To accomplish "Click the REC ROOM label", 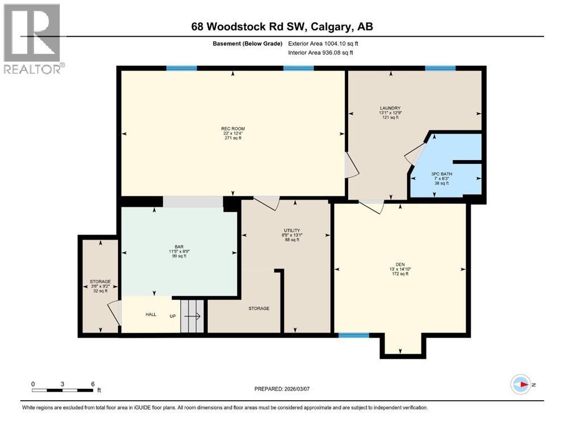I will tap(233, 129).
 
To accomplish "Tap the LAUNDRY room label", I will tap(390, 108).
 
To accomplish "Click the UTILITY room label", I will tap(292, 230).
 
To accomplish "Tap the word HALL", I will tap(151, 315).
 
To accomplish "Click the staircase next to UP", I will tap(192, 316).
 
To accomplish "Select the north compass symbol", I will tap(521, 385).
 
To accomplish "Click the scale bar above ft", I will tap(62, 390).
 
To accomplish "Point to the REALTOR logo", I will tap(32, 39).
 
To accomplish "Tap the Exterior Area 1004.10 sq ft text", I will tap(324, 43).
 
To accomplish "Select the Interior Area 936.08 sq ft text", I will tap(321, 53).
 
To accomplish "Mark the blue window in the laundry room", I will tap(440, 69).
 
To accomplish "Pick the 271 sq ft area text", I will tap(233, 138).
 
